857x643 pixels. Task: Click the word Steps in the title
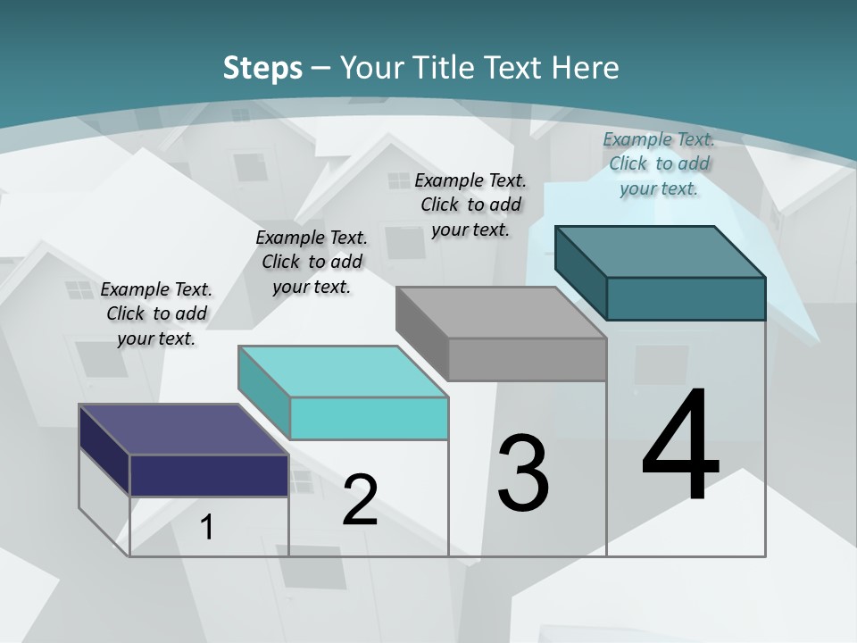[x=262, y=68]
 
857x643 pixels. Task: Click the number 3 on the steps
[x=523, y=473]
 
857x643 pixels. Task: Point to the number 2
[x=360, y=500]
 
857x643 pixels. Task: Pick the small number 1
[x=207, y=528]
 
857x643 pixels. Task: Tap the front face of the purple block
[x=209, y=475]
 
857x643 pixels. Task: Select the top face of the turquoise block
[x=343, y=372]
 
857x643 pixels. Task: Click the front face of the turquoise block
[x=369, y=418]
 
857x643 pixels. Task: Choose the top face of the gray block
[x=501, y=313]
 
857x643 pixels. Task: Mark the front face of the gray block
[x=527, y=360]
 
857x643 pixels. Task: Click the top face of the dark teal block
[x=660, y=252]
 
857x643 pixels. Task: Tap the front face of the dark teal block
[x=686, y=298]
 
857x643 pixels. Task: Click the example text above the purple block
[x=156, y=313]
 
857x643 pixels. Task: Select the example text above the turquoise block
[x=312, y=262]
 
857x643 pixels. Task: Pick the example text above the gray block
[x=470, y=205]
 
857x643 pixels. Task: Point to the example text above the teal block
[x=659, y=163]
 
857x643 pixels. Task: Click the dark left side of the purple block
[x=104, y=449]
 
